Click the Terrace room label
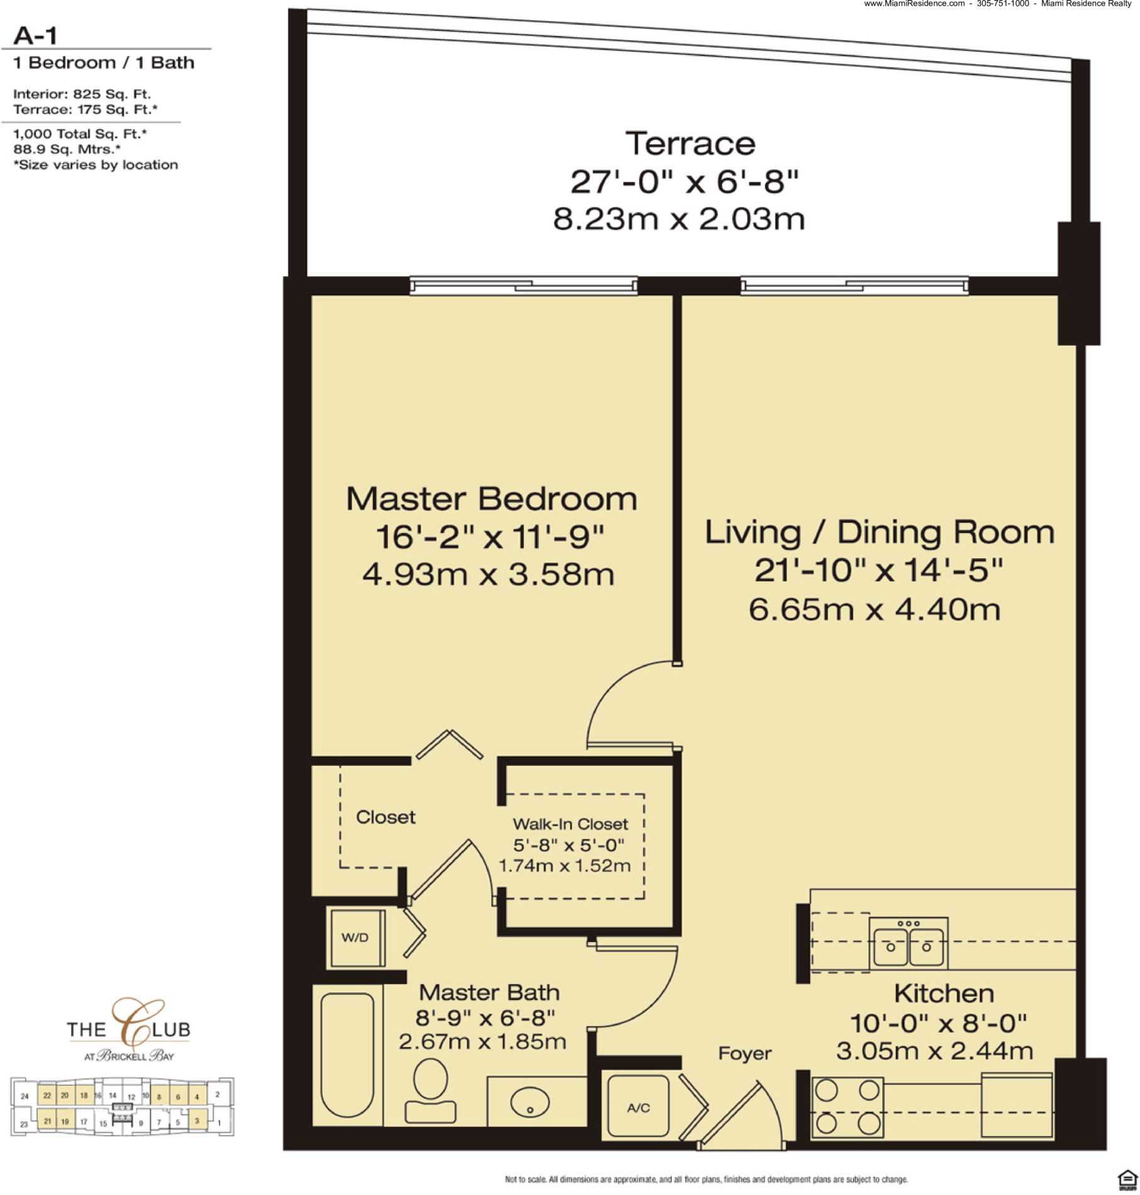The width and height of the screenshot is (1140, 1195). click(x=690, y=143)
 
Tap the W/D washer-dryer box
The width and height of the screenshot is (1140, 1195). click(x=356, y=938)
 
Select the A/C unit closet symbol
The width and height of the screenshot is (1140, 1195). click(x=638, y=1106)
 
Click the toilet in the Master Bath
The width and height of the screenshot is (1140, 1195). click(x=431, y=1091)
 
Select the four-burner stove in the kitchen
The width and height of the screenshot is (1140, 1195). click(x=848, y=1107)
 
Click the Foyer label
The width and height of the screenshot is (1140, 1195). click(x=744, y=1053)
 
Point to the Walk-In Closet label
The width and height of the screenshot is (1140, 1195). click(x=570, y=824)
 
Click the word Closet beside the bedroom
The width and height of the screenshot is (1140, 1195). click(x=385, y=817)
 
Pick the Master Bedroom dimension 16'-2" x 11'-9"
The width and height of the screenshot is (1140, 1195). click(x=490, y=537)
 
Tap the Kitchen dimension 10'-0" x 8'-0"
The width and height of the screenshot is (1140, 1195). click(x=938, y=1023)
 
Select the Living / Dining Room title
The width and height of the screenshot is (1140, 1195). click(x=879, y=532)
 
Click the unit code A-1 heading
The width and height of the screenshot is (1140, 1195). click(x=35, y=36)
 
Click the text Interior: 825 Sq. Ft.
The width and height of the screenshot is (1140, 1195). click(x=82, y=94)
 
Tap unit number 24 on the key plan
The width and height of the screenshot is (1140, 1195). click(x=25, y=1096)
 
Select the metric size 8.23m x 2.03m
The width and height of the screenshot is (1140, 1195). click(x=678, y=219)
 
